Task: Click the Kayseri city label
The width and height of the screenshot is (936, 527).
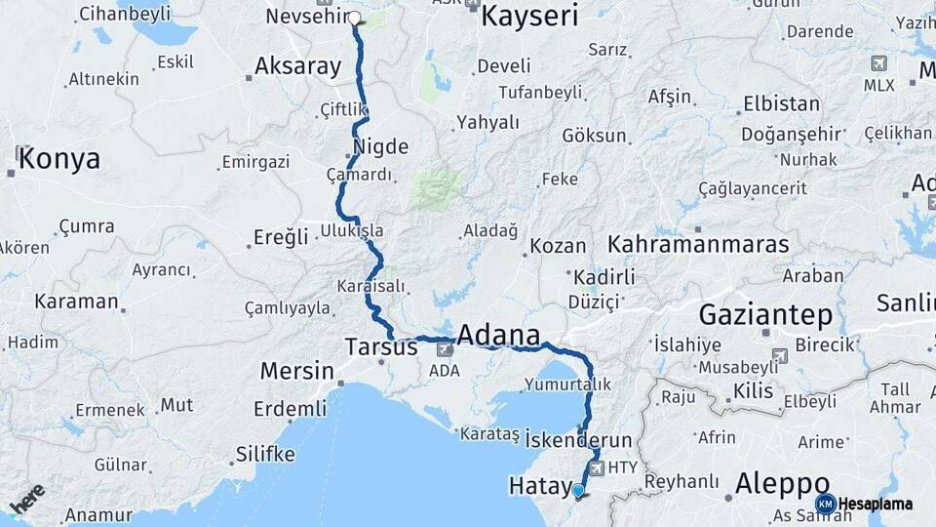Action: [529, 17]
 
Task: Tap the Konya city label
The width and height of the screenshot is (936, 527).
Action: [59, 158]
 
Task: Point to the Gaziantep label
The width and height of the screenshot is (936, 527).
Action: [765, 314]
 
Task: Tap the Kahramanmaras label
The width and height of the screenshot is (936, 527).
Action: [698, 244]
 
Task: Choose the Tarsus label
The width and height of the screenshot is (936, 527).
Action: [381, 346]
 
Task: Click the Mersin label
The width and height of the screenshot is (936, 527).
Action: [296, 371]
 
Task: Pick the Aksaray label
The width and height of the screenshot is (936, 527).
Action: [297, 66]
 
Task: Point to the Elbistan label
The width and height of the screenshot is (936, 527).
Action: [781, 103]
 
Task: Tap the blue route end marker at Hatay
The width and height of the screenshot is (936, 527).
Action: [578, 491]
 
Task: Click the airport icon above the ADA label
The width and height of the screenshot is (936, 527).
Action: [446, 348]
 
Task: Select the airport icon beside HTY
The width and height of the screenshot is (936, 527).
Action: [597, 468]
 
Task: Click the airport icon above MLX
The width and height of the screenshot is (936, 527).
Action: [878, 63]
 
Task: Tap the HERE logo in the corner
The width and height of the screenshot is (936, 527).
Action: [27, 498]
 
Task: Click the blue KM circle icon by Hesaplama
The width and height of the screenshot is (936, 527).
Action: [825, 504]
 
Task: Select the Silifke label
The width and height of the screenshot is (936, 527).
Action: [265, 454]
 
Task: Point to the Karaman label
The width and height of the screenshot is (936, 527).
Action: [76, 301]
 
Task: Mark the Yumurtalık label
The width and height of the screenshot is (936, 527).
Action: [567, 384]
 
